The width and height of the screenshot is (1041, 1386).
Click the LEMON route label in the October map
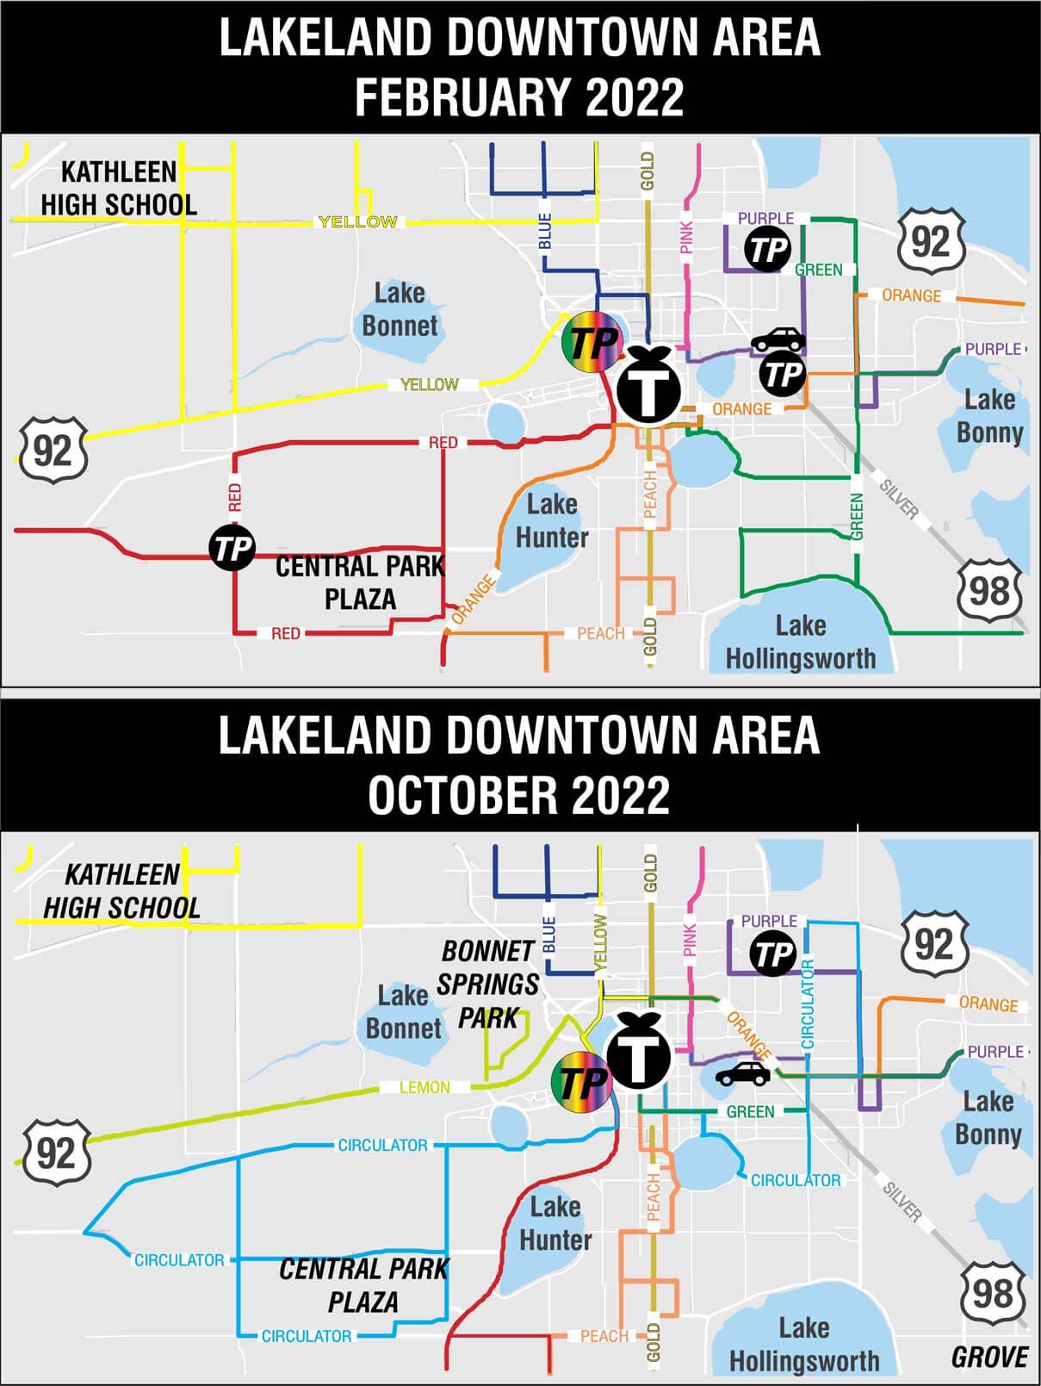424,1088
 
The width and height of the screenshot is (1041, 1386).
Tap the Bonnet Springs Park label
488,985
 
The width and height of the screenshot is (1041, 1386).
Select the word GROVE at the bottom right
989,1358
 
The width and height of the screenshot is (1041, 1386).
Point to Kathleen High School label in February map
119,189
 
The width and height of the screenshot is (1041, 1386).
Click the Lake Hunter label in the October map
555,1224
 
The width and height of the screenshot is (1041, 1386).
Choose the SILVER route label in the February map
899,499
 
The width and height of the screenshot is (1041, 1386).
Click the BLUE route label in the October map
548,935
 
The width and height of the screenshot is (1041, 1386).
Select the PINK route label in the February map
686,238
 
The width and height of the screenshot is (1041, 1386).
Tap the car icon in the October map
743,1074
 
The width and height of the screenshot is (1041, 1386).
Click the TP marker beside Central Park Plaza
232,548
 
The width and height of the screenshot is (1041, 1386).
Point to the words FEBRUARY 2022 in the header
519,96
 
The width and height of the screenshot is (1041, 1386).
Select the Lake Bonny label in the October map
988,1118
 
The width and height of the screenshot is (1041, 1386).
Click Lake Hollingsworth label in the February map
800,642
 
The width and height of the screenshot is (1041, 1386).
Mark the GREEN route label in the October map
750,1112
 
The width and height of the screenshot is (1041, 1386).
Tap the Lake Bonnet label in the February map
400,309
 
